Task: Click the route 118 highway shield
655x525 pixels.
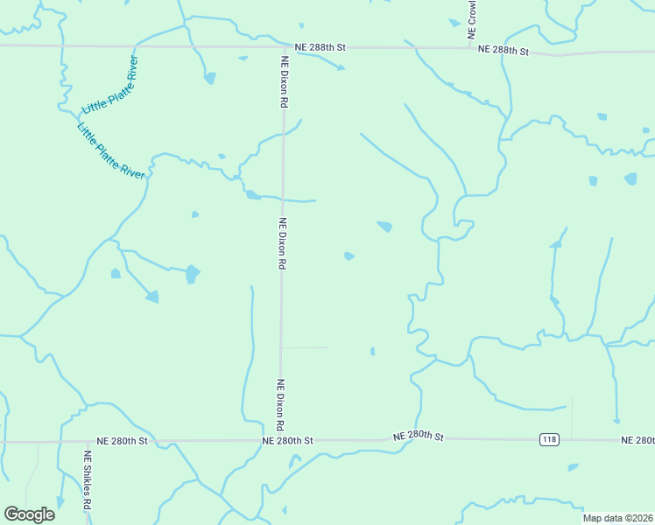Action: click(x=549, y=439)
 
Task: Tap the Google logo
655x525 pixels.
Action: click(x=29, y=514)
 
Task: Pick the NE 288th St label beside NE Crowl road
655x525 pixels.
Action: click(x=504, y=51)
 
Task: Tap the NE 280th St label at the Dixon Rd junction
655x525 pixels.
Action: click(x=287, y=441)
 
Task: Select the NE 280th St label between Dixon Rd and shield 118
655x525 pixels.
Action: click(x=419, y=436)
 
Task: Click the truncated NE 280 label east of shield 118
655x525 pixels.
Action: click(x=637, y=440)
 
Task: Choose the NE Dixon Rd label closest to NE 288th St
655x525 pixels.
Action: click(x=285, y=82)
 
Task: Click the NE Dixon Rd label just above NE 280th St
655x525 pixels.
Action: click(x=281, y=404)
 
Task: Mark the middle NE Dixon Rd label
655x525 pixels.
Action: click(x=282, y=242)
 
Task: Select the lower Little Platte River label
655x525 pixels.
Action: click(x=110, y=150)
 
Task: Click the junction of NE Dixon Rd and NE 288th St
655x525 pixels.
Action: click(x=282, y=46)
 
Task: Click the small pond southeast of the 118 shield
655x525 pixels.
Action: click(x=573, y=467)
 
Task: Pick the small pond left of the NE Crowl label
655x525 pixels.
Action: click(x=454, y=23)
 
